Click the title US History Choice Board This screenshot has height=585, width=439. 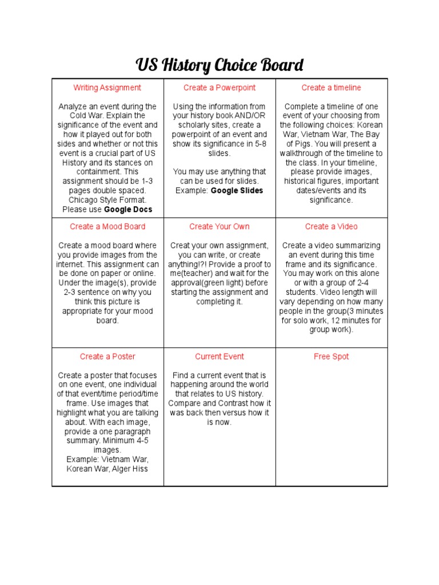pos(219,65)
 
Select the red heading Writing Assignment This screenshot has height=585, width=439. pos(107,87)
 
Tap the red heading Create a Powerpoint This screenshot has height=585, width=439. pos(219,87)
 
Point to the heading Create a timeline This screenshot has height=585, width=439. pos(332,87)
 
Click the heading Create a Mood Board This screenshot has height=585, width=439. pos(107,226)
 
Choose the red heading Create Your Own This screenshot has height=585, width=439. pos(219,226)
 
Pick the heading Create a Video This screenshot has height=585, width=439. pos(332,226)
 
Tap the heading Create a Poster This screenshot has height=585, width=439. pos(107,356)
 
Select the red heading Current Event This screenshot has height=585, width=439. pos(219,356)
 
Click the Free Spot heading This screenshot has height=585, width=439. pos(332,356)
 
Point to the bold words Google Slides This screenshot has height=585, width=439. pos(237,190)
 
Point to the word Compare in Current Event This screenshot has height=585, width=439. pos(184,403)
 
